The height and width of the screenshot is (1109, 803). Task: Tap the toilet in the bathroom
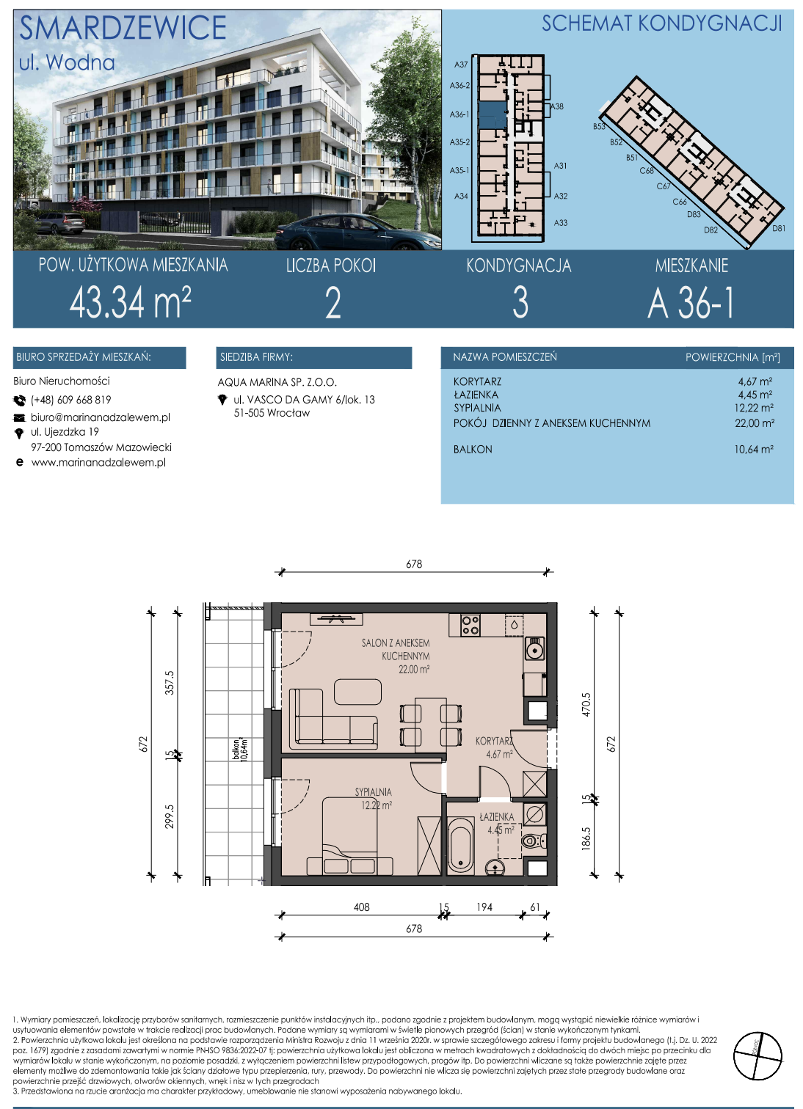pyautogui.click(x=534, y=841)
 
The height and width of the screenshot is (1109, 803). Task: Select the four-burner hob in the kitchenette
pyautogui.click(x=470, y=626)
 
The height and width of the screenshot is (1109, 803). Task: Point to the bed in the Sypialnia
pyautogui.click(x=349, y=837)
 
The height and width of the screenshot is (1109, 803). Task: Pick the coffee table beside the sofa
pyautogui.click(x=357, y=692)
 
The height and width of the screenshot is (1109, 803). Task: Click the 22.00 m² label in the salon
pyautogui.click(x=414, y=670)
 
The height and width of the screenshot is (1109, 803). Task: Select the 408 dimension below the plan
pyautogui.click(x=361, y=907)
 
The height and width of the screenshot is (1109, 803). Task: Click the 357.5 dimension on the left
pyautogui.click(x=170, y=683)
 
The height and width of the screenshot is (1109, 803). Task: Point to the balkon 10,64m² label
pyautogui.click(x=240, y=750)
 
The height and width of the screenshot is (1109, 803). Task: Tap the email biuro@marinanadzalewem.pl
pyautogui.click(x=100, y=417)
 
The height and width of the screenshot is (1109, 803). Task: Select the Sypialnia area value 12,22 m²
pyautogui.click(x=754, y=408)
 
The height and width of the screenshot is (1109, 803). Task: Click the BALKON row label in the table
pyautogui.click(x=473, y=450)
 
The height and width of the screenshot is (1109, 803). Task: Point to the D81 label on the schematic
pyautogui.click(x=779, y=228)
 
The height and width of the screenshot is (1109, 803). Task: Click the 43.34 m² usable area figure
pyautogui.click(x=130, y=302)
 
